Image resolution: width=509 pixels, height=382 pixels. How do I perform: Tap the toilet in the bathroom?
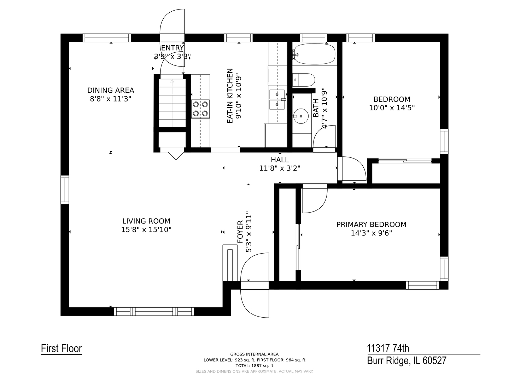point(303,80)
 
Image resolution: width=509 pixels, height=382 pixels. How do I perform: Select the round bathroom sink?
point(301,116)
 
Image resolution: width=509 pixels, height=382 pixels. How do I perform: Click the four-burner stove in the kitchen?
point(200,109)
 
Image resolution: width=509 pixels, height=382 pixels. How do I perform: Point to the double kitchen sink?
point(277,99)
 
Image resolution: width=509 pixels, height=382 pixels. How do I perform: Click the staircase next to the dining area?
point(172,103)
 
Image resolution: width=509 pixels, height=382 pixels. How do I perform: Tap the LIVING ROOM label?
point(146,221)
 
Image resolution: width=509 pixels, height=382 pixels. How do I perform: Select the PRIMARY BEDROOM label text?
point(371,224)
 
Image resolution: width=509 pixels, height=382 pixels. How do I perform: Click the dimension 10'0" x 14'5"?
point(392,108)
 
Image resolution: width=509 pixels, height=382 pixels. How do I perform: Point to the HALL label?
point(280,160)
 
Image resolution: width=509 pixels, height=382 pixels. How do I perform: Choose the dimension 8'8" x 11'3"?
point(111,99)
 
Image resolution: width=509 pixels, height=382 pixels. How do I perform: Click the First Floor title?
point(62,349)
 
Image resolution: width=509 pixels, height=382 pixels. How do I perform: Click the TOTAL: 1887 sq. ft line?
point(255,366)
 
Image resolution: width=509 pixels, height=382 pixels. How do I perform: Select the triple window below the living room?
point(154,312)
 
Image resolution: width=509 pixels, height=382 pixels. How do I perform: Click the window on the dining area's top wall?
point(107,38)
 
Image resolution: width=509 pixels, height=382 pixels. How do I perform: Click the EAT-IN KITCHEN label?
point(229,96)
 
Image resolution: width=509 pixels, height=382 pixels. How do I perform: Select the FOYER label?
point(240,232)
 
